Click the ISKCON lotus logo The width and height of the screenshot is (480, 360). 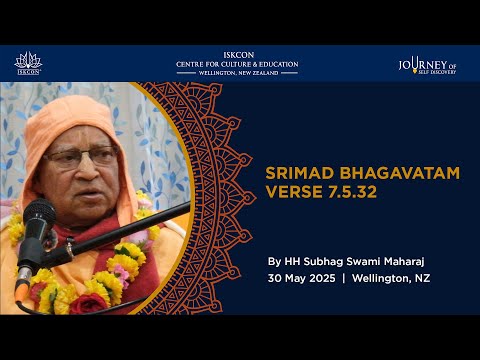(28, 63)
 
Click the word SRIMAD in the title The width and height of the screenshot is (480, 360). (299, 173)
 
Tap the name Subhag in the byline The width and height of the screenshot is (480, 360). (327, 261)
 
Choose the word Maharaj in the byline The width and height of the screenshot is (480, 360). (410, 261)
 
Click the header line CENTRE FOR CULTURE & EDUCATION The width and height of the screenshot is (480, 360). (237, 64)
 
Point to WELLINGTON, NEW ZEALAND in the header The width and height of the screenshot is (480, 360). (237, 73)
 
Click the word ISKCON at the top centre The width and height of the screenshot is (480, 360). (237, 55)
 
